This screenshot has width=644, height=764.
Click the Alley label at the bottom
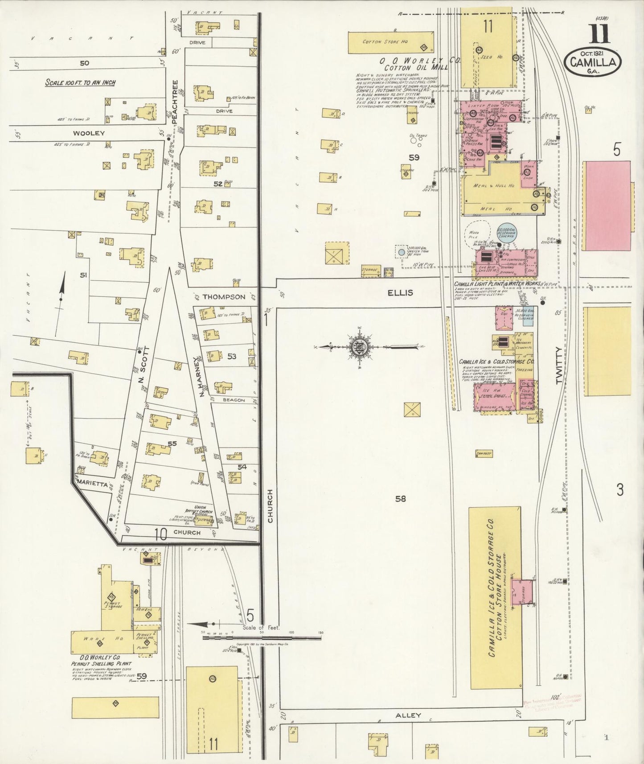(x=408, y=715)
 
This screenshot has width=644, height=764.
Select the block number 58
(x=400, y=499)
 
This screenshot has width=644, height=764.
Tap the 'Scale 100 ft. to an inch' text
(x=80, y=82)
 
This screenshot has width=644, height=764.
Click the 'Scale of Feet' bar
(x=262, y=638)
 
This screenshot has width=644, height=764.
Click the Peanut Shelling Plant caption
(x=100, y=664)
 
